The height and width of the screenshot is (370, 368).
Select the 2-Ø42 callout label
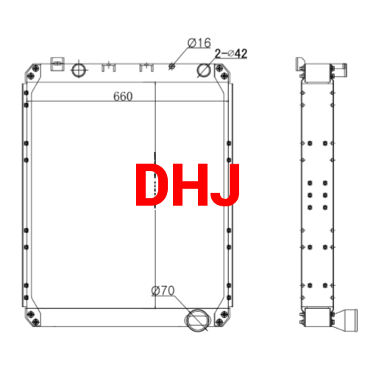(230, 54)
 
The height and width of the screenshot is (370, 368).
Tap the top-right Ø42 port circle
(205, 71)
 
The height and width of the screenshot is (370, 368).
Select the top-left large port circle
(79, 71)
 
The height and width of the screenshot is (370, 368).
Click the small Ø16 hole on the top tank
(172, 66)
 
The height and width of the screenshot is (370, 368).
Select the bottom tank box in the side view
(319, 318)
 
